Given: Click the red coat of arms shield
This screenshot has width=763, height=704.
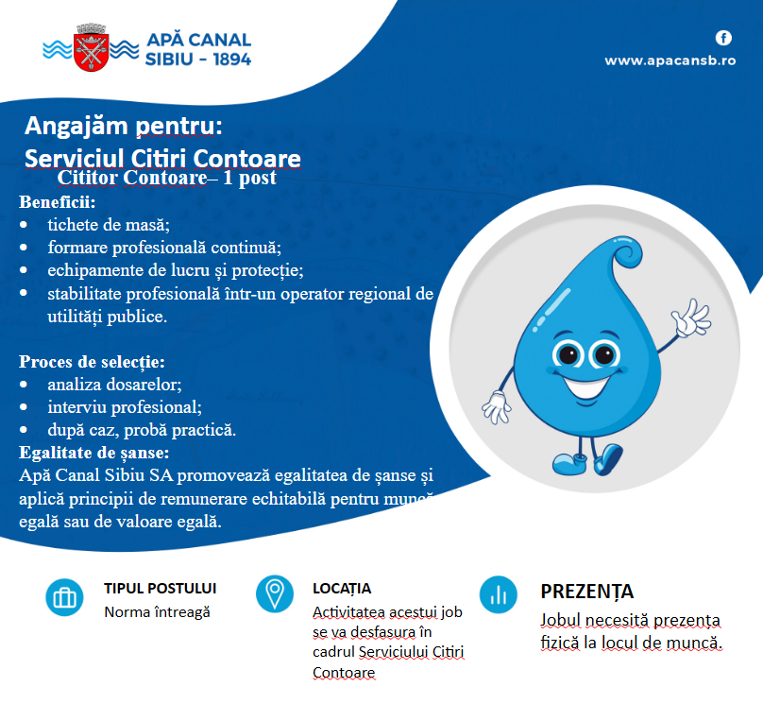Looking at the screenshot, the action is [x=91, y=53].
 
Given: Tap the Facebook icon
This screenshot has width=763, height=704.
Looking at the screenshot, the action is [x=723, y=38].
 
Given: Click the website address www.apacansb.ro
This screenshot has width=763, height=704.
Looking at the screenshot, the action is [x=670, y=60].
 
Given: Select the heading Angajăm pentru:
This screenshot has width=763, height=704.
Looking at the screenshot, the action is [x=124, y=126].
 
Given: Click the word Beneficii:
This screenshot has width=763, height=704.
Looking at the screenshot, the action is [x=58, y=202].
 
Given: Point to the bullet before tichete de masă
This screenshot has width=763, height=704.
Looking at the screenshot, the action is [x=24, y=225].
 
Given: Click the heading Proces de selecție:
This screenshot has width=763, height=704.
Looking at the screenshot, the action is [x=92, y=362].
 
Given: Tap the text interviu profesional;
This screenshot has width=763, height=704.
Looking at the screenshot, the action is [x=125, y=407].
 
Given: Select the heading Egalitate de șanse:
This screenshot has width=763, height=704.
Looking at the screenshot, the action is [x=93, y=453].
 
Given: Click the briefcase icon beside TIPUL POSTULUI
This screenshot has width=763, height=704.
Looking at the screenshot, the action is [x=64, y=597].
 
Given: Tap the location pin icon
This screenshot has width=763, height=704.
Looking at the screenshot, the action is [x=275, y=594].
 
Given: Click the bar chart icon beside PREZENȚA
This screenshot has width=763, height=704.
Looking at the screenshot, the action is [x=499, y=594].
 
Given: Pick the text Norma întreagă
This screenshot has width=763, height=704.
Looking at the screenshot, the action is [x=157, y=612].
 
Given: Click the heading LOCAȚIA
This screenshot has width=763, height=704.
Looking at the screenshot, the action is [x=342, y=589].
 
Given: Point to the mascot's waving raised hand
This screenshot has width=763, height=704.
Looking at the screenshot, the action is [x=691, y=318].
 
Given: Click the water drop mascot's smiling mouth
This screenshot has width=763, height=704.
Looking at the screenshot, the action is [x=586, y=388].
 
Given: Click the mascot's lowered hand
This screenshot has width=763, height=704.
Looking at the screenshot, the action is [x=497, y=407].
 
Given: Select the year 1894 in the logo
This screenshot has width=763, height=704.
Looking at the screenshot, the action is [x=232, y=60].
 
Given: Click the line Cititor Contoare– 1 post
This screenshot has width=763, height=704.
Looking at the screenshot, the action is [x=166, y=178].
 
